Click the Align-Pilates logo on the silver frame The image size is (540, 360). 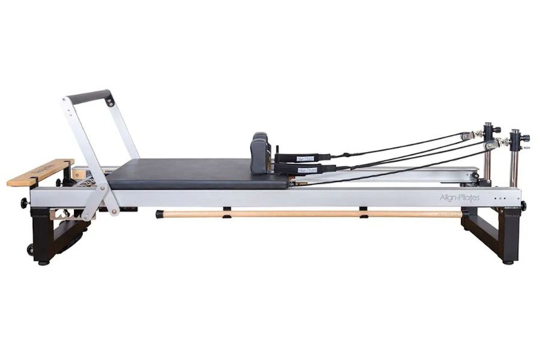pyautogui.click(x=459, y=198)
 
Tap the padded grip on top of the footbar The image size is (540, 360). pyautogui.click(x=90, y=96)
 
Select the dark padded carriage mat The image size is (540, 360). pyautogui.click(x=196, y=173)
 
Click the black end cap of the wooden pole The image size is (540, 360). pyautogui.click(x=159, y=215)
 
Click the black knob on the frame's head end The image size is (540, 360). pyautogui.click(x=523, y=206)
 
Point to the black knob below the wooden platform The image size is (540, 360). pyautogui.click(x=24, y=203)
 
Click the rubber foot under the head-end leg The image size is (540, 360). pyautogui.click(x=507, y=261)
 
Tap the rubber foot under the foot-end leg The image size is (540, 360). pyautogui.click(x=43, y=262)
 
